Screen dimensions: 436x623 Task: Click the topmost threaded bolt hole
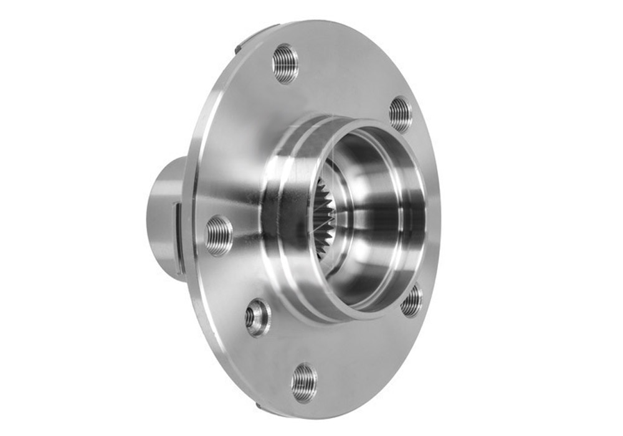pos(285,63)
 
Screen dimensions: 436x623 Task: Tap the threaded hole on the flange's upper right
pos(401,114)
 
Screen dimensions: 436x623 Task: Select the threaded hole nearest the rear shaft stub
pos(219,235)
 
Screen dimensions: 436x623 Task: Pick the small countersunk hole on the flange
pos(256,318)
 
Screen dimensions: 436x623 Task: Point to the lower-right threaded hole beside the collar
pos(411,301)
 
